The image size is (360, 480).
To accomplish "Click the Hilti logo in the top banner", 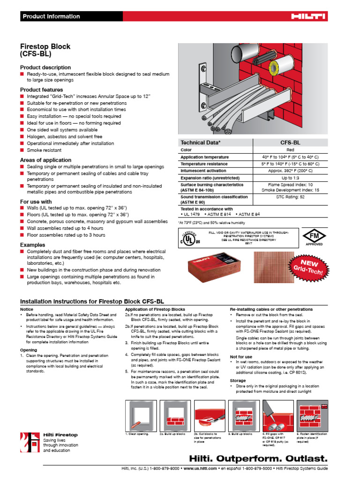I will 308,16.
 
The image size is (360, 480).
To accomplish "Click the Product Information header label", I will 52,16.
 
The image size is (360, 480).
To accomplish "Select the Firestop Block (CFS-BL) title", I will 45,50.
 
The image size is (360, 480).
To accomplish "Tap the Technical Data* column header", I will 201,142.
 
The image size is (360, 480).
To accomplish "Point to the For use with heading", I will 36,202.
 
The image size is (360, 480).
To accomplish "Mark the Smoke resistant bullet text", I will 44,150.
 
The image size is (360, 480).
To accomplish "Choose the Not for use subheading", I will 241,357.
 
